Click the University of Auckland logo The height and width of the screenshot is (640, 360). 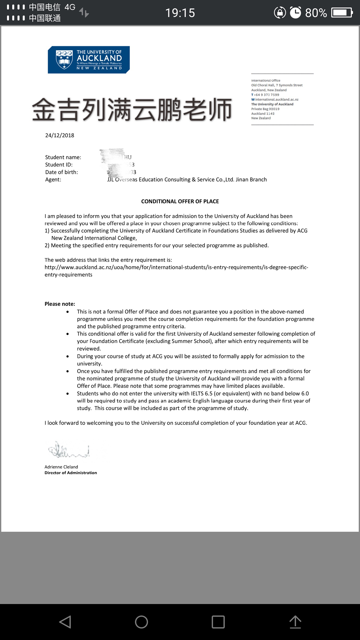tap(89, 60)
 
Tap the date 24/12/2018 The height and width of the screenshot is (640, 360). tap(60, 135)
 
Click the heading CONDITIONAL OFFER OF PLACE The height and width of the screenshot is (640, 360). tap(180, 201)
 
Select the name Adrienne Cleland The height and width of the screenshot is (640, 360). tap(61, 467)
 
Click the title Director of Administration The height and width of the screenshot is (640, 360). tap(71, 473)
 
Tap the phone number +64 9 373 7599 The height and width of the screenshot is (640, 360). tap(266, 95)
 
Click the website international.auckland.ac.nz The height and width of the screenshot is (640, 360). tap(277, 99)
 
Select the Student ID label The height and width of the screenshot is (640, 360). tap(59, 164)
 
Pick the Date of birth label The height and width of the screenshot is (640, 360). tap(61, 172)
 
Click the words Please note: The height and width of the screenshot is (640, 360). tap(60, 304)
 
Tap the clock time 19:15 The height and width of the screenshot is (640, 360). tap(180, 13)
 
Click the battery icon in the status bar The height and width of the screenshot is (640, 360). tap(342, 13)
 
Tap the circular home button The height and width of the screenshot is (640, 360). tap(141, 622)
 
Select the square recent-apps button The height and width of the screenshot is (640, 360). tap(218, 622)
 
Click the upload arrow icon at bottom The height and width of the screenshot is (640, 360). tap(295, 622)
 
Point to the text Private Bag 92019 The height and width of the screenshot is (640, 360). tap(265, 109)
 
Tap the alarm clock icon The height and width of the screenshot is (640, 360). tap(295, 13)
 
